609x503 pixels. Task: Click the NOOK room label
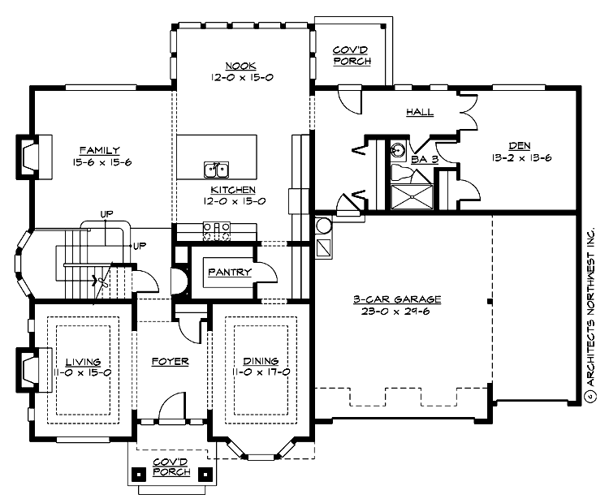coord(240,65)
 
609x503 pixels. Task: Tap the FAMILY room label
coord(100,150)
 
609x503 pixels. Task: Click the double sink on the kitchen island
coord(215,170)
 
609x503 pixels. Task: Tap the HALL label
coord(419,112)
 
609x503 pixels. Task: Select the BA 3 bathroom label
coord(424,160)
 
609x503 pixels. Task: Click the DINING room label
coord(260,361)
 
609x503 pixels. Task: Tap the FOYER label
coord(171,361)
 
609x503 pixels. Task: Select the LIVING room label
coord(83,361)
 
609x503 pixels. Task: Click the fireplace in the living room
coord(28,370)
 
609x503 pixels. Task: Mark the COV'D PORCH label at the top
coord(352,55)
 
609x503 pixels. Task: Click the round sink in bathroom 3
coord(398,150)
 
